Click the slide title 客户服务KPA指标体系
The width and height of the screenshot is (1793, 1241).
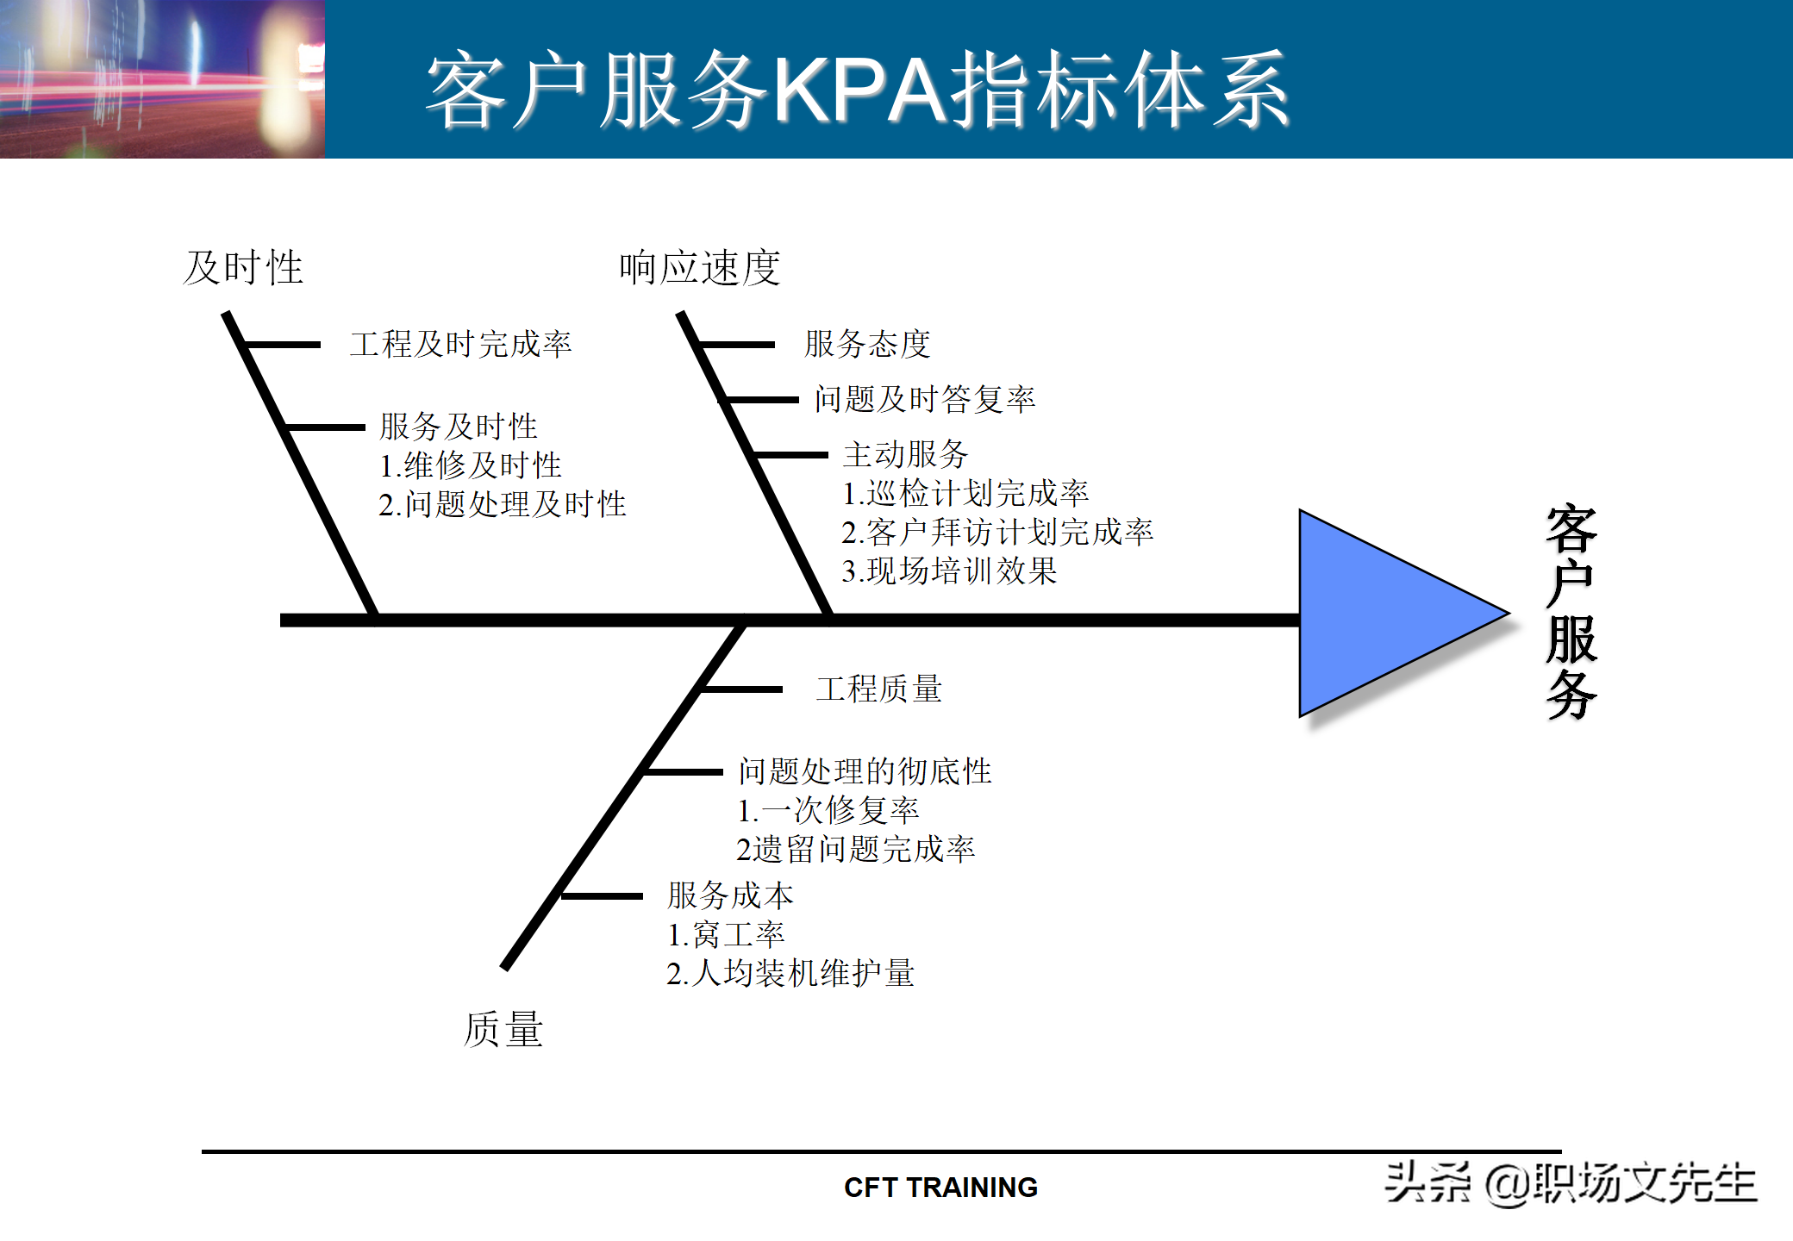coord(857,90)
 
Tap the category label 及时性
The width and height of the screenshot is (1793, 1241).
coord(243,268)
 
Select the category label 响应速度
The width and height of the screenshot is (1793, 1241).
coord(699,268)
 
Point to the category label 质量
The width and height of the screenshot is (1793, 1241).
coord(503,1029)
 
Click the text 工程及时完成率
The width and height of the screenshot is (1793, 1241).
coord(460,345)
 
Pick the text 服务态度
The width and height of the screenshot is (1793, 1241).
coord(867,345)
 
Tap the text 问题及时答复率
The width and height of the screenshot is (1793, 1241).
coord(925,399)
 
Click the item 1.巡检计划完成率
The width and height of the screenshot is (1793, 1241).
coord(965,493)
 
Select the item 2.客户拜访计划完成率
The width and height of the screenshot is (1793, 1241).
coord(997,533)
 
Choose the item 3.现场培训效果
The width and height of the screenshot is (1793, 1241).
coord(949,571)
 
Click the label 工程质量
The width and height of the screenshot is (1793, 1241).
coord(879,689)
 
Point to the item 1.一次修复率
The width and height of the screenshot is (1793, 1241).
coord(828,810)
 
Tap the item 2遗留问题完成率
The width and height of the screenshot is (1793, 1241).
coord(856,850)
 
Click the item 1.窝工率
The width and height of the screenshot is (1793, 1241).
coord(726,935)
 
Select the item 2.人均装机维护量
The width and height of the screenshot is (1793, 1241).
coord(790,974)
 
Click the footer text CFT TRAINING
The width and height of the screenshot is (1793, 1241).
coord(940,1188)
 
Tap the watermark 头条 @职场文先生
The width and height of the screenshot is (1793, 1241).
coord(1570,1183)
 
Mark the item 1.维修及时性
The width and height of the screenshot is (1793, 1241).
coord(471,466)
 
